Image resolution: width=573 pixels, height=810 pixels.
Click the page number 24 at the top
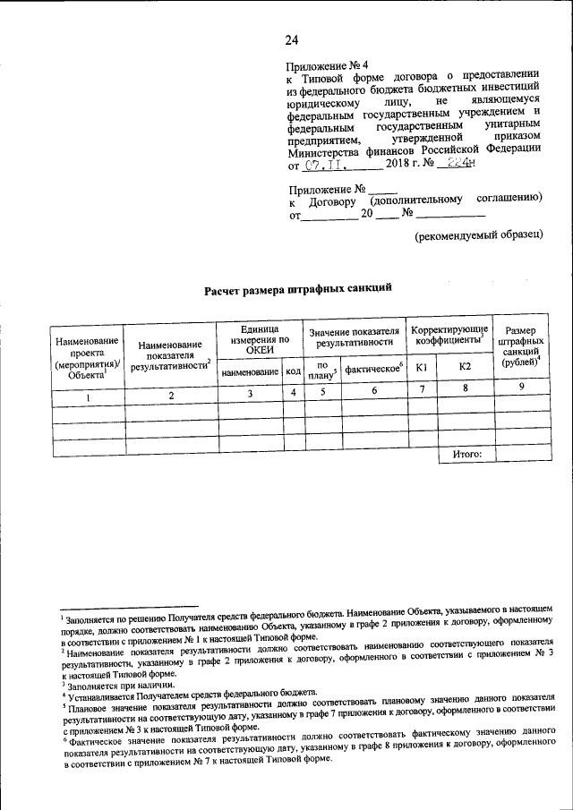292,38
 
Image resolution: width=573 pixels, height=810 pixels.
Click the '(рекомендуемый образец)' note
478,234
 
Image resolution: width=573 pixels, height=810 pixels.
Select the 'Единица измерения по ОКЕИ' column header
259,339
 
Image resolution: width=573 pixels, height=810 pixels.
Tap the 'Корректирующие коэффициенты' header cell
449,337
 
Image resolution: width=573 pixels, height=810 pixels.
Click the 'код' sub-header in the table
293,369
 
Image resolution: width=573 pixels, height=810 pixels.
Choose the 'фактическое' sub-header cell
374,368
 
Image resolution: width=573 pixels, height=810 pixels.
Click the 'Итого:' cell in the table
466,454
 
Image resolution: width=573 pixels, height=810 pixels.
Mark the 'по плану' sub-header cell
321,369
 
